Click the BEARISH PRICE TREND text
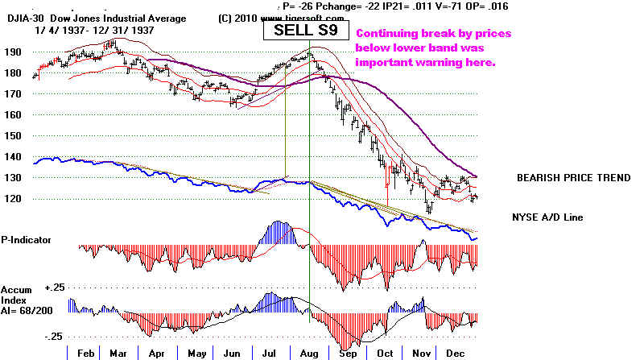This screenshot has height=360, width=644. (572, 177)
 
